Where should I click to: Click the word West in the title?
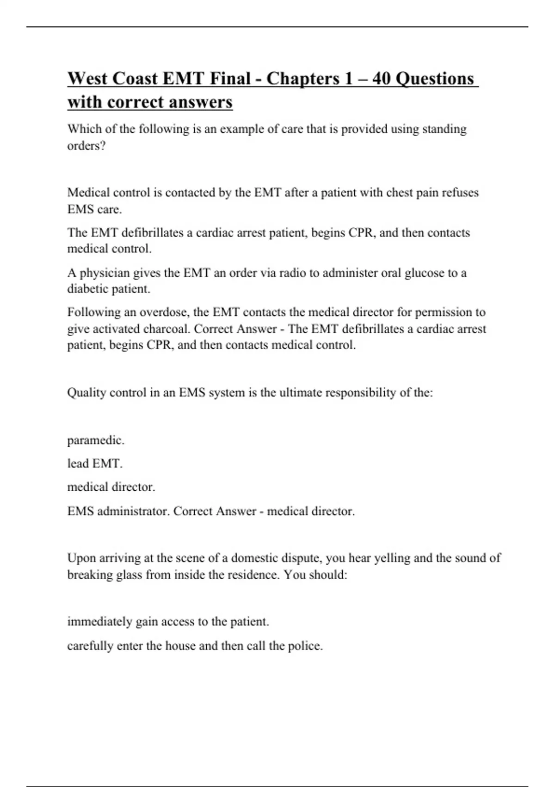coord(87,79)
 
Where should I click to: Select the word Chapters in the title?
coord(303,79)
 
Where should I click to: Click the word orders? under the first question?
coord(86,146)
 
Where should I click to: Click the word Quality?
coord(86,393)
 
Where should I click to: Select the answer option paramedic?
coord(96,440)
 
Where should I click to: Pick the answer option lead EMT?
coord(95,464)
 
